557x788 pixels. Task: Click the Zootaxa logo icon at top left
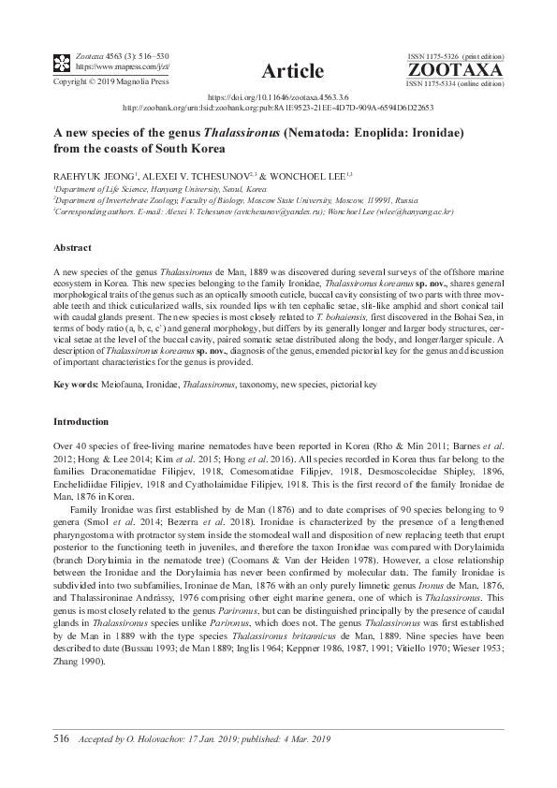(61, 63)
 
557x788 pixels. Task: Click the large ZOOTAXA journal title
(455, 69)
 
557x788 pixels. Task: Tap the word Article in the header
(294, 71)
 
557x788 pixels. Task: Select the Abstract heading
(72, 247)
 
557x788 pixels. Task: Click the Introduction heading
(81, 422)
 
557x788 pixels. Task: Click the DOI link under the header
(277, 96)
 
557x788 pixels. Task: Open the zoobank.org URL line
(278, 107)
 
